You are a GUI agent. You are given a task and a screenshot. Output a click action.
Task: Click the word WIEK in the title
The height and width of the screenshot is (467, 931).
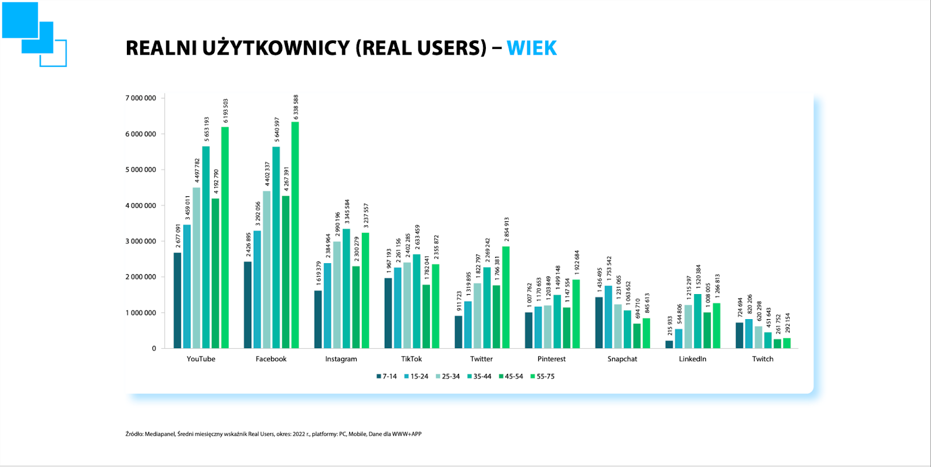(x=531, y=48)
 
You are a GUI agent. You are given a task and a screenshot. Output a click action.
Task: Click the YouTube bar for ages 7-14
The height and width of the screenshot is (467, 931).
(x=177, y=300)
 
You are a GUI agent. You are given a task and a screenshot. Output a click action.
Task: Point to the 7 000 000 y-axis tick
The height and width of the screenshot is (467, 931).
(x=141, y=98)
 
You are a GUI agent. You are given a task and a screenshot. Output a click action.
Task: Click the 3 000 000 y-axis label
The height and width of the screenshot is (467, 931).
(x=141, y=241)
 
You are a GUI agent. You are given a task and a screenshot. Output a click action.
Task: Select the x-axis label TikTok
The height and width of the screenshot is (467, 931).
(x=411, y=359)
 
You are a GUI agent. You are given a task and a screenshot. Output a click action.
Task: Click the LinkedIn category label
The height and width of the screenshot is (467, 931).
(x=692, y=359)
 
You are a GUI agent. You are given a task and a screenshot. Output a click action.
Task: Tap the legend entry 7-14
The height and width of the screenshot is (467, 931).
(x=386, y=377)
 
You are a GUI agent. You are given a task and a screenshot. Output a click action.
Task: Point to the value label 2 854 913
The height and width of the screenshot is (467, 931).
(x=507, y=230)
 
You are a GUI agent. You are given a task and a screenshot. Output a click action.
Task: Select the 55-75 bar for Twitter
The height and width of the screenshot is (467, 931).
(x=506, y=298)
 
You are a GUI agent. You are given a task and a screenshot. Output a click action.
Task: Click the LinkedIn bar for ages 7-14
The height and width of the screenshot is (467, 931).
(x=669, y=345)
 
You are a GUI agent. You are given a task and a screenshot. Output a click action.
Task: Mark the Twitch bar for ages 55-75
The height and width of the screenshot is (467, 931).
(x=787, y=344)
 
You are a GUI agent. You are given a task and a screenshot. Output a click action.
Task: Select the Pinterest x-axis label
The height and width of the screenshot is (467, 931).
(x=552, y=359)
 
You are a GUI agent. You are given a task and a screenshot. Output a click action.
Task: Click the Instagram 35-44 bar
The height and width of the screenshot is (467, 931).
(x=346, y=289)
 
